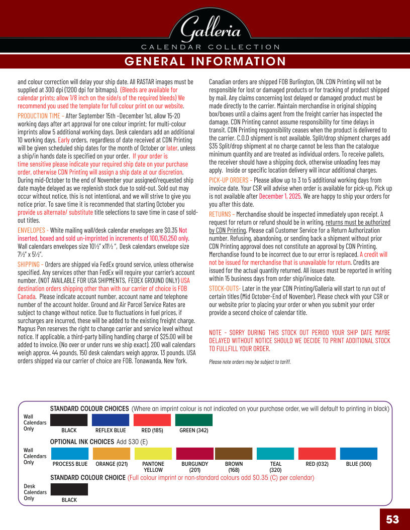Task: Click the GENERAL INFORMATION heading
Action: [205, 61]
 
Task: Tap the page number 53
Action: [392, 519]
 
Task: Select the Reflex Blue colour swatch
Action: [111, 420]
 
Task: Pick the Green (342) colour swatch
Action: [193, 420]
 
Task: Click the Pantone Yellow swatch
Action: [153, 454]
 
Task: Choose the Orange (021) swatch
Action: [111, 454]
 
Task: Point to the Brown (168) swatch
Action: [234, 454]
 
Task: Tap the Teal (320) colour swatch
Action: [275, 454]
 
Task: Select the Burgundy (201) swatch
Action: [195, 454]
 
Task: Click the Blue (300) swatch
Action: [359, 454]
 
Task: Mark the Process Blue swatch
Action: [69, 454]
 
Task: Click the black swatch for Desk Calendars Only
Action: [69, 489]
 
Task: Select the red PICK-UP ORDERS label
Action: [229, 180]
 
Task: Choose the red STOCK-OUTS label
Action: [225, 288]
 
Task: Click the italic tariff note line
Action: [250, 361]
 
